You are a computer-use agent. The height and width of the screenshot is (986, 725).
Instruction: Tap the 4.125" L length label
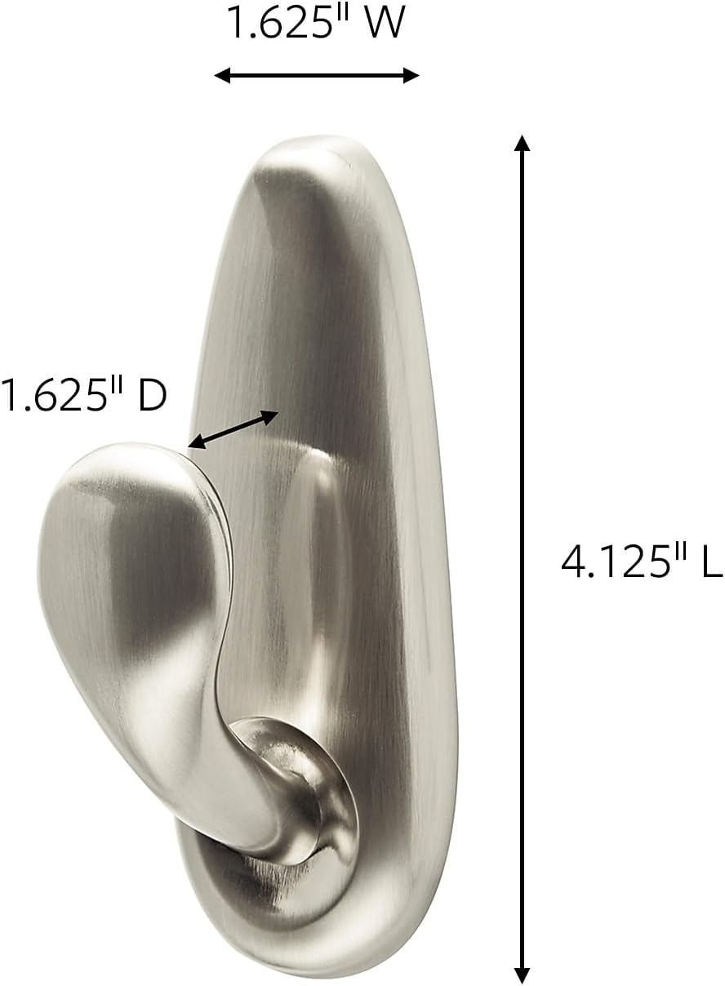(x=642, y=562)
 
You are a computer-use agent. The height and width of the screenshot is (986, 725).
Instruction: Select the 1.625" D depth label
(x=83, y=396)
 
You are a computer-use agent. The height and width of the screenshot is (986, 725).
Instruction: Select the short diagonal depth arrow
(x=234, y=429)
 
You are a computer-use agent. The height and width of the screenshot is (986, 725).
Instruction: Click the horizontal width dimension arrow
(x=317, y=76)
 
